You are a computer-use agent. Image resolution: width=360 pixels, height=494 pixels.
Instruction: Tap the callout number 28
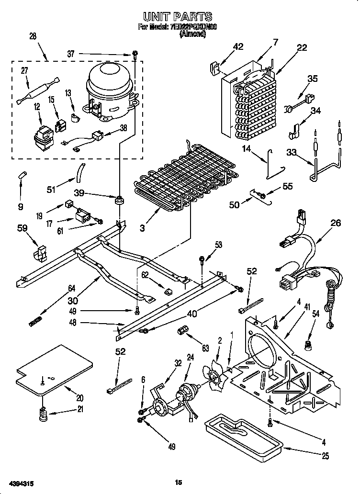click(33, 37)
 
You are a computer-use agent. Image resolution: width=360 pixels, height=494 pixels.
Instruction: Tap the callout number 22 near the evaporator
click(301, 47)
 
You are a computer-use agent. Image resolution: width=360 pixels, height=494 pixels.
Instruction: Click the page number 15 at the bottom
click(179, 483)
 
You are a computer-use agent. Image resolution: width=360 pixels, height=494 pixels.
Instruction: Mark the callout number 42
click(238, 46)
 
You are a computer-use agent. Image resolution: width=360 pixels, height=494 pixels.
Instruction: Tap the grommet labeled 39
click(118, 198)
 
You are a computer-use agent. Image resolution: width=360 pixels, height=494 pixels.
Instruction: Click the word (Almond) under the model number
click(192, 34)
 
